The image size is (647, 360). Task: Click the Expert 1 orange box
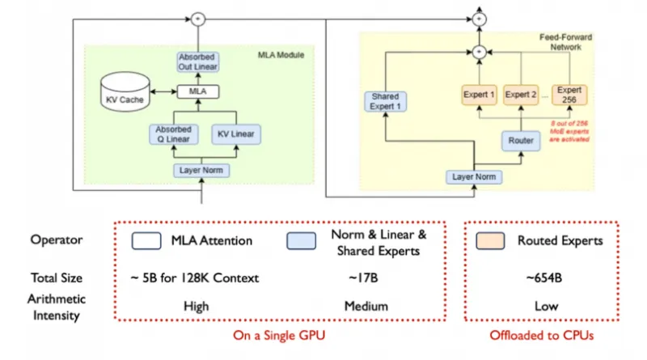point(479,95)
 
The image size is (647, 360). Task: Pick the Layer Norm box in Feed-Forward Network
point(474,177)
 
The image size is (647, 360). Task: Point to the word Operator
point(56,240)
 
